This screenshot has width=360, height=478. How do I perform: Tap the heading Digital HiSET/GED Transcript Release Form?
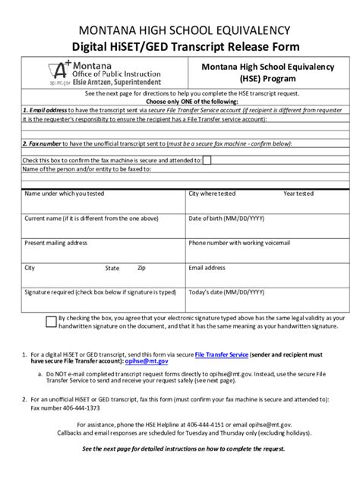[x=180, y=47]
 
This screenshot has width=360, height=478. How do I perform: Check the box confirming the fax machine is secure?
[x=207, y=160]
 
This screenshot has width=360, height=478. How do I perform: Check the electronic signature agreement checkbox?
[x=50, y=321]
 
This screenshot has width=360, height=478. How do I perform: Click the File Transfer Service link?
[x=222, y=354]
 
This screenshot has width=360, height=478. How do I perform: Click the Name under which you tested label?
[x=65, y=193]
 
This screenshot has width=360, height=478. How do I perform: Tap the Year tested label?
[x=298, y=193]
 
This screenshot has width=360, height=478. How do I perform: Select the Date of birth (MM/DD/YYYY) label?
[x=226, y=219]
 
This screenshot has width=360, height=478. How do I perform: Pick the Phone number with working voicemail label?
[x=239, y=243]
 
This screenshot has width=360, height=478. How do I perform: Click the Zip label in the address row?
[x=141, y=268]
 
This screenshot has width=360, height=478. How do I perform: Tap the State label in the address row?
[x=112, y=268]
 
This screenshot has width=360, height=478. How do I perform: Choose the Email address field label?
[x=207, y=268]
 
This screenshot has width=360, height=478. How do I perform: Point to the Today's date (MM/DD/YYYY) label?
[x=226, y=292]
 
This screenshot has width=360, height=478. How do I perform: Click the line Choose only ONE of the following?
[x=180, y=101]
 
